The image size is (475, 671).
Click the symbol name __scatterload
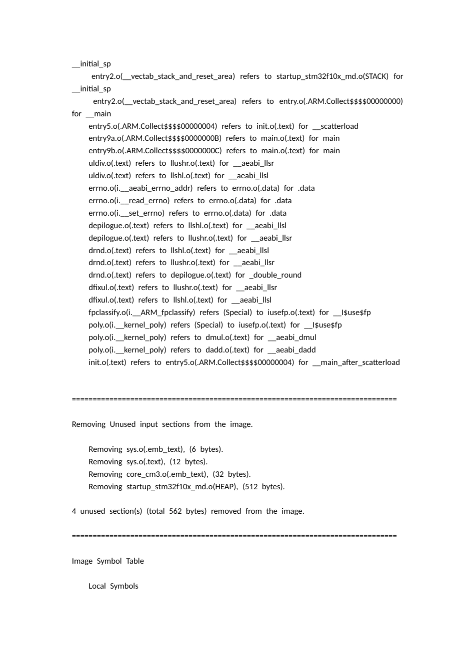[335, 126]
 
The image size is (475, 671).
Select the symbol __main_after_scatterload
[356, 362]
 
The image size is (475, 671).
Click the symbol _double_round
[275, 275]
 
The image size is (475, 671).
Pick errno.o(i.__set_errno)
[126, 213]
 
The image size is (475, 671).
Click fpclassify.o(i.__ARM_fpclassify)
[142, 313]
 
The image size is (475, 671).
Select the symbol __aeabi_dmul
[292, 337]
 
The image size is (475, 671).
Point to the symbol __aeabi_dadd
[292, 350]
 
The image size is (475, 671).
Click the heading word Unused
[122, 424]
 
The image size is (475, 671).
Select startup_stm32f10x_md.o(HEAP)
[182, 487]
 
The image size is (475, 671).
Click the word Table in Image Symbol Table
[135, 561]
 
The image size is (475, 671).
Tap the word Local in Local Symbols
[97, 586]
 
